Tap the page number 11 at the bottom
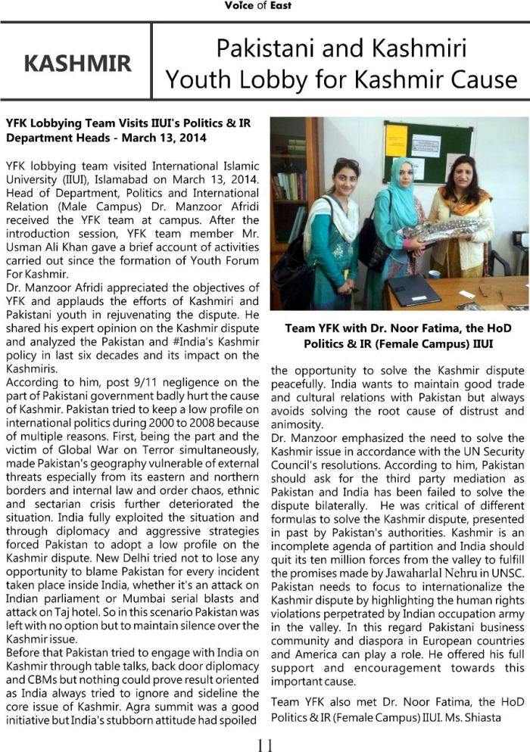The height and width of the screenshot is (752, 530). point(264,743)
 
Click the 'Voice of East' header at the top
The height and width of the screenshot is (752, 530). point(257,6)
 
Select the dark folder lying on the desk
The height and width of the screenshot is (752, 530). point(413,290)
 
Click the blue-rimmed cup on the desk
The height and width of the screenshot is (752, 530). point(434,274)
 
